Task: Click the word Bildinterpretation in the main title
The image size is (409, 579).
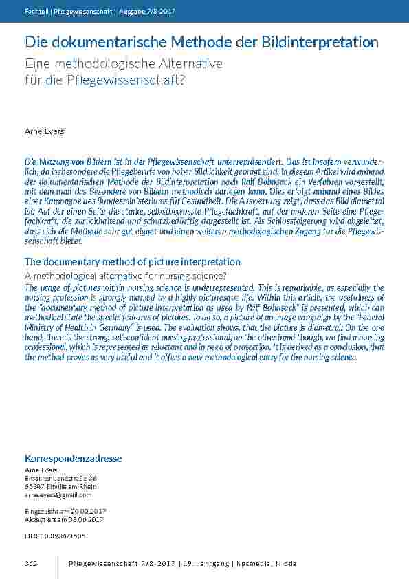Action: (x=320, y=42)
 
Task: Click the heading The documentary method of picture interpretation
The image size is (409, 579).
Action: (x=133, y=262)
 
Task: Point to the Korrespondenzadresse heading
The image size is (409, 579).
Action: (x=74, y=458)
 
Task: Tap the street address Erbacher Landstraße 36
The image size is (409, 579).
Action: (x=61, y=478)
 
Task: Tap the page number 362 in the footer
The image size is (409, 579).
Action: (x=31, y=564)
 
